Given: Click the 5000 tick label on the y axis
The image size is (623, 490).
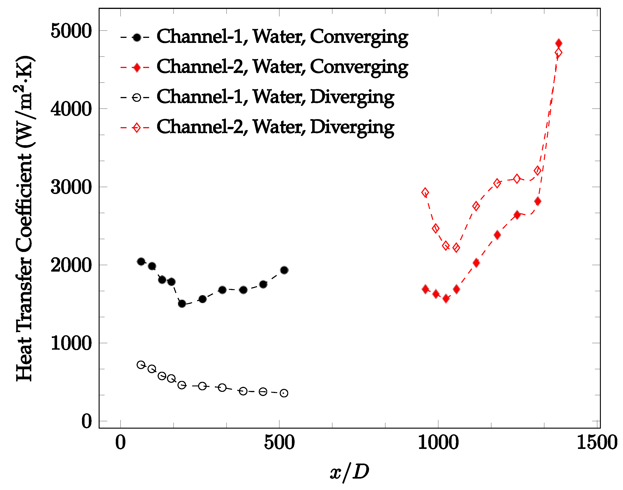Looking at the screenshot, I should tap(71, 31).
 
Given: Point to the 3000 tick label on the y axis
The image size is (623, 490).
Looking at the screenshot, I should tap(71, 187).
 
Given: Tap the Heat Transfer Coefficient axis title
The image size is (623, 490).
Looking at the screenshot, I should tap(25, 219).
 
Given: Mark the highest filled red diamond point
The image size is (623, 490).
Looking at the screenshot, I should tap(558, 43).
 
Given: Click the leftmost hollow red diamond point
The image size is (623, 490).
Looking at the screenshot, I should tap(425, 192).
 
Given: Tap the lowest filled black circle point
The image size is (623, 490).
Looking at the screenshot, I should tap(182, 304).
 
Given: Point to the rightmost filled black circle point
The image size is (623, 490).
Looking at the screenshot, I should tap(284, 270).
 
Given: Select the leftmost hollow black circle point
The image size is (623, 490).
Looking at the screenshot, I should tap(141, 365).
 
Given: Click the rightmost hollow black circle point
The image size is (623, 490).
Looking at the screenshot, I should tap(284, 393).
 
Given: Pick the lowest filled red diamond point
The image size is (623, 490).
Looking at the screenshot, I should tap(446, 299).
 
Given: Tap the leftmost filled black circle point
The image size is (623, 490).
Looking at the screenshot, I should tap(141, 262).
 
